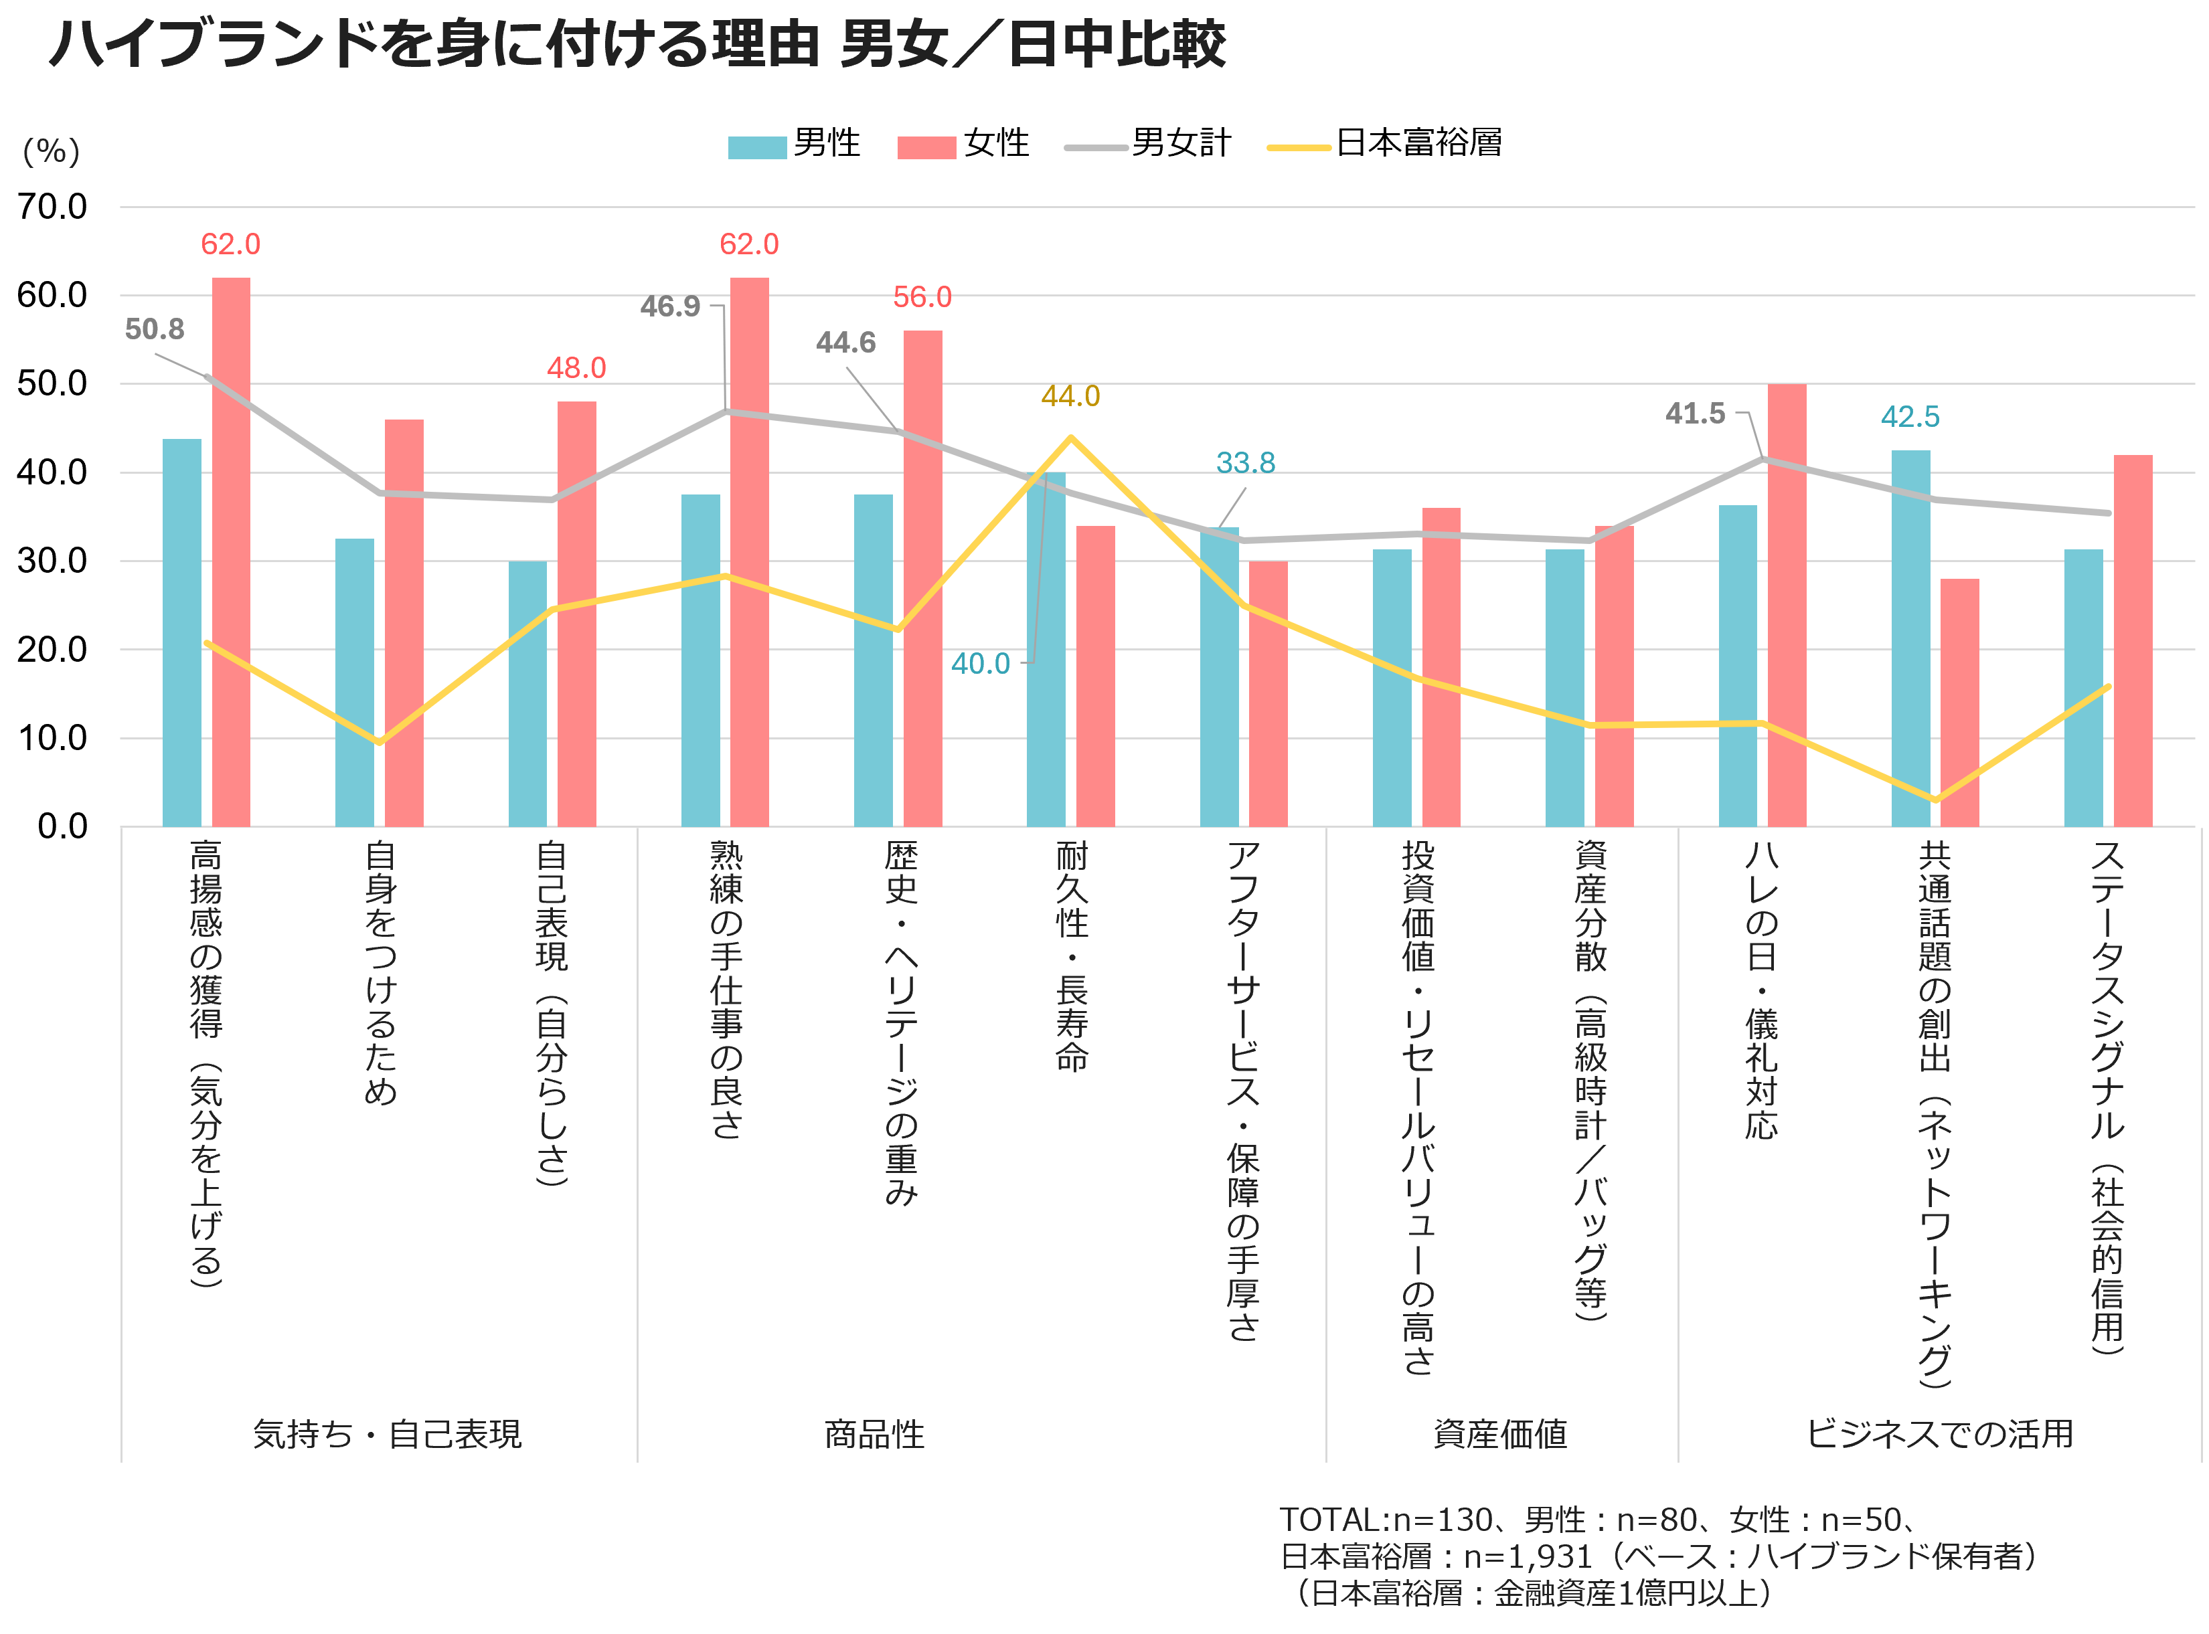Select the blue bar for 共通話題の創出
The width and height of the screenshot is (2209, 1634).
pos(1910,638)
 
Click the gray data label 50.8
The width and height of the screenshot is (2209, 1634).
pos(155,329)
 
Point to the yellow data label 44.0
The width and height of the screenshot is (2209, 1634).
pos(1070,397)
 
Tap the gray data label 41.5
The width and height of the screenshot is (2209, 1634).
pos(1695,414)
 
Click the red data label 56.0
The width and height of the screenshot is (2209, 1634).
pos(922,296)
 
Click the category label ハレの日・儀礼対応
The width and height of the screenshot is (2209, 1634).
pos(1762,989)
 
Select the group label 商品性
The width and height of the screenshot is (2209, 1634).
pos(874,1434)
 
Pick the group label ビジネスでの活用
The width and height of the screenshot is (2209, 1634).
pos(1939,1434)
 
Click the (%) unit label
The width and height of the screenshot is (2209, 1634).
pos(52,151)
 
